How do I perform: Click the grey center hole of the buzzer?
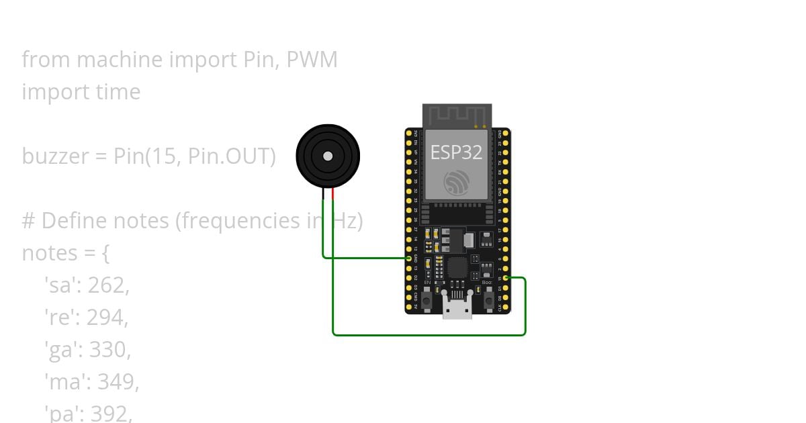(x=328, y=156)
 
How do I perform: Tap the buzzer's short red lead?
(x=332, y=194)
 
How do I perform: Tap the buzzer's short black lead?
(x=323, y=194)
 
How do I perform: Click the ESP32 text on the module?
(x=456, y=152)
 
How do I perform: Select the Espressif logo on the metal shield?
(x=457, y=182)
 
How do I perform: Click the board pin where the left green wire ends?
(x=409, y=258)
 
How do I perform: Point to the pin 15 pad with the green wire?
(x=505, y=277)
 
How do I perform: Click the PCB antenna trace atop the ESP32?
(x=457, y=115)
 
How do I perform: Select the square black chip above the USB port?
(x=457, y=268)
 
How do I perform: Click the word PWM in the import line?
(x=312, y=60)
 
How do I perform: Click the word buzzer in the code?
(x=55, y=156)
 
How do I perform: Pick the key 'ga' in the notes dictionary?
(x=61, y=350)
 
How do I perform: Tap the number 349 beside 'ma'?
(x=118, y=382)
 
